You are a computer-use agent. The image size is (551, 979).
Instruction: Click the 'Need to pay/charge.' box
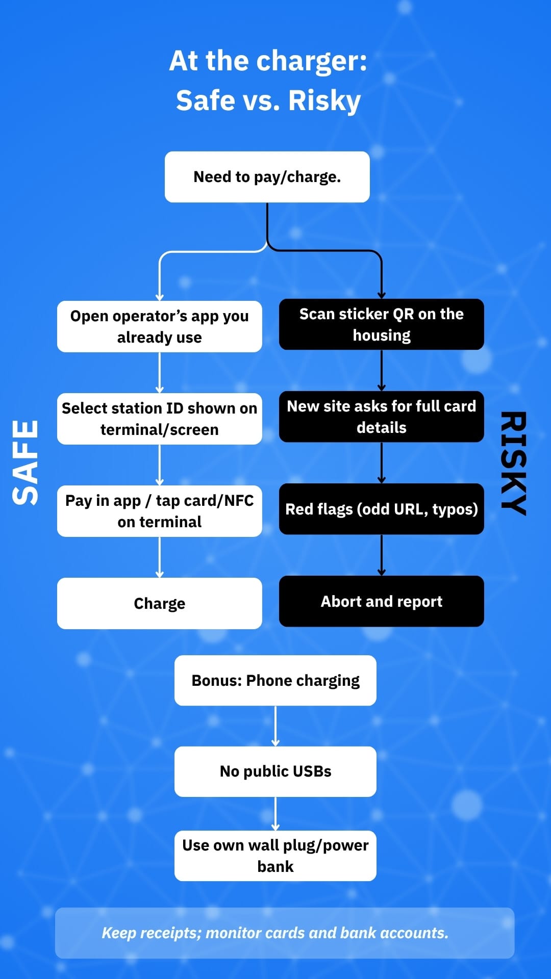(x=267, y=177)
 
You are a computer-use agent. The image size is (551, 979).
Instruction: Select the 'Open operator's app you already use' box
(x=159, y=326)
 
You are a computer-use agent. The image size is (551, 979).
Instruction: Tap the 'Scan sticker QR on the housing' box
(x=381, y=324)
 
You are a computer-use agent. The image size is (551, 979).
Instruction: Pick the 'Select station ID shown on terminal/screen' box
(x=159, y=419)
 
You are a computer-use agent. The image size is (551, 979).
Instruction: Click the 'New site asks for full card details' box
(x=381, y=417)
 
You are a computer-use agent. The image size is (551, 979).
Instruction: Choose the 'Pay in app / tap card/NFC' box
(x=159, y=511)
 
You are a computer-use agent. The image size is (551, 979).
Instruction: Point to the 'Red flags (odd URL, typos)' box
(x=381, y=509)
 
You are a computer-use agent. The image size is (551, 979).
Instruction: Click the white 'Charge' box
(x=159, y=603)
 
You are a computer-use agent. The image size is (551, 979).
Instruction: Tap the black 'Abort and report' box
(x=381, y=601)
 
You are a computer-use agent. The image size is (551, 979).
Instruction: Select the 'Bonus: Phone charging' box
(x=275, y=681)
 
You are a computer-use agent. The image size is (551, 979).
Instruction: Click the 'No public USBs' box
(x=275, y=771)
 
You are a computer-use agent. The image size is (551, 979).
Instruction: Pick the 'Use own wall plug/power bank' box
(x=275, y=856)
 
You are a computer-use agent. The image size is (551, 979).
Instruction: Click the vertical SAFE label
(x=26, y=462)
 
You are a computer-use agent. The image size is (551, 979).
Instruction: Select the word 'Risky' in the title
(x=324, y=100)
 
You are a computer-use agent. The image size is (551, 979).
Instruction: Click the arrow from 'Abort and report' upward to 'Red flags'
(x=381, y=555)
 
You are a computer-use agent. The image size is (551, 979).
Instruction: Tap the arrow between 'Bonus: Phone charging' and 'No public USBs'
(x=275, y=726)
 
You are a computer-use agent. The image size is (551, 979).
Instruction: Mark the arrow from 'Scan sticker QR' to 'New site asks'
(x=381, y=370)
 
